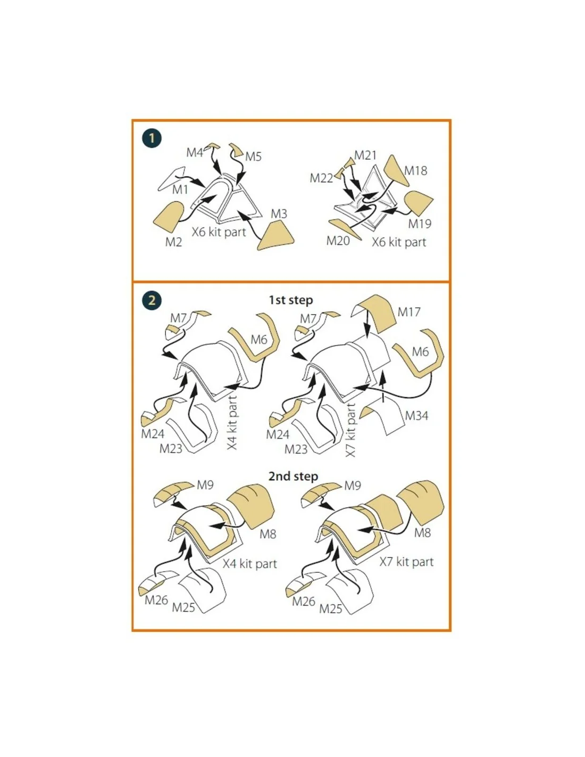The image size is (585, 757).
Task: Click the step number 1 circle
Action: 152,138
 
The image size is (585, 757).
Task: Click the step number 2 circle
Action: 152,300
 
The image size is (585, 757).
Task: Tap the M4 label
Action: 194,152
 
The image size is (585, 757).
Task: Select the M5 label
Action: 253,157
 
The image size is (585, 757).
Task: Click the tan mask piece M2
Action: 169,216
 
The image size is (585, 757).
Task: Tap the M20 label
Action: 338,241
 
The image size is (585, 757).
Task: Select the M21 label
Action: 365,155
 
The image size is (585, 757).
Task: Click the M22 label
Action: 321,178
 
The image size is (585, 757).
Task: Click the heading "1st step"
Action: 290,300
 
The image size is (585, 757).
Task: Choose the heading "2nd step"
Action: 293,476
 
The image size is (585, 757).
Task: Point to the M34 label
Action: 416,416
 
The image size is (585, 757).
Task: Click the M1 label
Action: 180,190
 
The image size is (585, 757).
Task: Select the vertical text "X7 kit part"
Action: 351,430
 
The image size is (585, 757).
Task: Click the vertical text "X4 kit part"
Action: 232,422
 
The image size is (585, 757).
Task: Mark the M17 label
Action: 409,312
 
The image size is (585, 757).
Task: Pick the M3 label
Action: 279,213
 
